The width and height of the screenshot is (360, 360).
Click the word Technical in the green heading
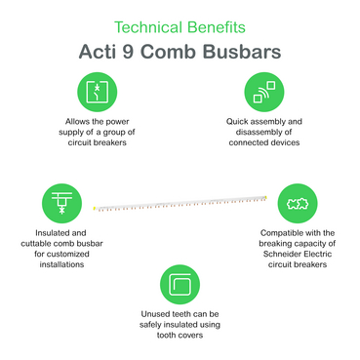[x=148, y=27]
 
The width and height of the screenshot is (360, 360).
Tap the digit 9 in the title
[x=128, y=52]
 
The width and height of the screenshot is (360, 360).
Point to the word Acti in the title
[x=98, y=52]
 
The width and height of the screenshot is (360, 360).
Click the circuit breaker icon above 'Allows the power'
[x=97, y=92]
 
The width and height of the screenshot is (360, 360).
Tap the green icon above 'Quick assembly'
[x=264, y=92]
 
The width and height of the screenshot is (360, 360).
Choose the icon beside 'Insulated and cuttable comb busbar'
[x=61, y=203]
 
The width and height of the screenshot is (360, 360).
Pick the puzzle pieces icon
[x=298, y=203]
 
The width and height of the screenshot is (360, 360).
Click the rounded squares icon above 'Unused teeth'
[x=180, y=285]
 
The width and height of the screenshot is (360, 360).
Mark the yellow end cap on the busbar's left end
[x=94, y=208]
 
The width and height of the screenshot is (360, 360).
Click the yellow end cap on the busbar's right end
[x=266, y=197]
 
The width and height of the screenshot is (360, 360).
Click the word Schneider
[x=281, y=254]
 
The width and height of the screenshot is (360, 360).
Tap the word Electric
[x=317, y=254]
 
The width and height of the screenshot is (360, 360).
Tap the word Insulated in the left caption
[x=51, y=233]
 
